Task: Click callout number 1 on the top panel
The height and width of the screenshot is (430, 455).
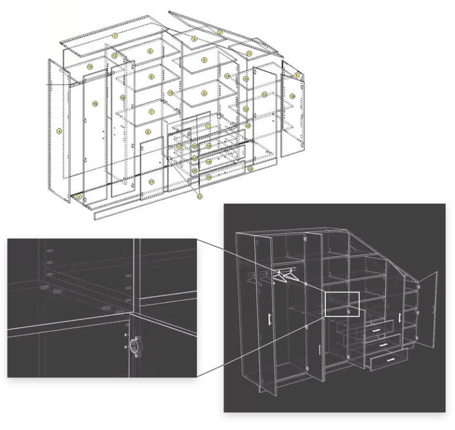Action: [x=116, y=36]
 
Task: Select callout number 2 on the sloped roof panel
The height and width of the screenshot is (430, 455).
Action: [x=220, y=32]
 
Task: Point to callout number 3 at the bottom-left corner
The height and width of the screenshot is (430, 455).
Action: [x=79, y=196]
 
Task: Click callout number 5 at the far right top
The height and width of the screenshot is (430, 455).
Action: [x=297, y=75]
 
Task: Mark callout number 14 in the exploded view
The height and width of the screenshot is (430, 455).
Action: [x=227, y=76]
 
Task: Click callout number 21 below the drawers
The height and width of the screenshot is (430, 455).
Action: [x=200, y=195]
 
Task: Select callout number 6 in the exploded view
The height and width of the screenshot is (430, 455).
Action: [x=149, y=131]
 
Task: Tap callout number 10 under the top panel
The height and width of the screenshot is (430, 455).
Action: [x=89, y=67]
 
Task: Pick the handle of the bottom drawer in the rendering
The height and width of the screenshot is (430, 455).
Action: [x=389, y=360]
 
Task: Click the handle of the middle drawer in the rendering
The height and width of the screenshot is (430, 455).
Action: [x=382, y=342]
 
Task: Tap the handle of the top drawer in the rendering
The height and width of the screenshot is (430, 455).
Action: [x=375, y=325]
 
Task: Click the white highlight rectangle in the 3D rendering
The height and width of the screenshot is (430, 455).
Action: [x=342, y=304]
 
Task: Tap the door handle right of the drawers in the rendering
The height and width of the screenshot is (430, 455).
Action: [x=401, y=317]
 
